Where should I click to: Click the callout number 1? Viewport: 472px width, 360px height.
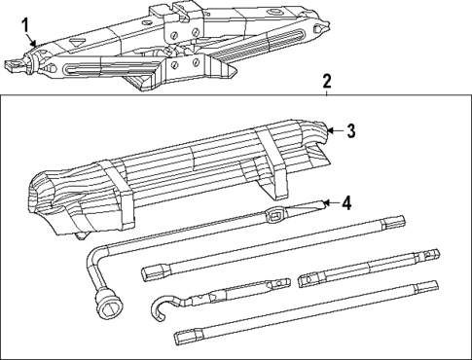(x=26, y=23)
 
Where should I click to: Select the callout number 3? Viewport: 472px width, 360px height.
(x=352, y=130)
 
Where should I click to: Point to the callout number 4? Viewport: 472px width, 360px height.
(x=345, y=202)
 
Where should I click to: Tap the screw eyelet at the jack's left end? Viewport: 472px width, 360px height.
(x=14, y=66)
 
